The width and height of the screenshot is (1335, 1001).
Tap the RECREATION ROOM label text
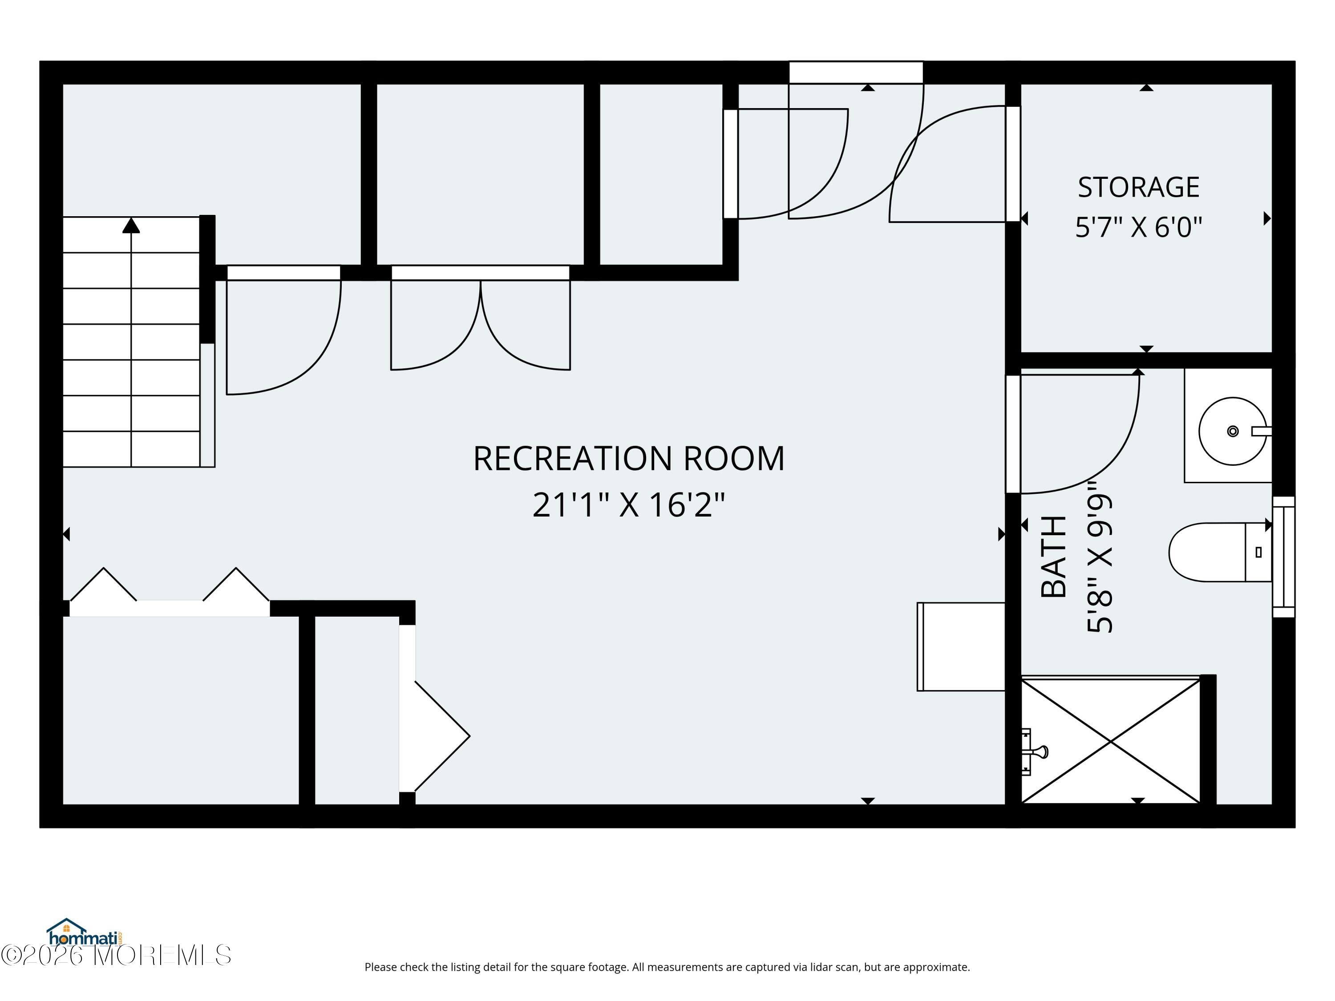tap(628, 459)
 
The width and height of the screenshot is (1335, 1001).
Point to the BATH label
tap(1054, 556)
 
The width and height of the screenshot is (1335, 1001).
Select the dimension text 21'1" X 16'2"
tap(628, 505)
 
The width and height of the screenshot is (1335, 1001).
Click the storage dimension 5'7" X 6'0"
tap(1138, 227)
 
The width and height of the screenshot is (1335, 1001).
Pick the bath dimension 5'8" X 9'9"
tap(1099, 564)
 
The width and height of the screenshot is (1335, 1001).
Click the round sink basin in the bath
tap(1232, 431)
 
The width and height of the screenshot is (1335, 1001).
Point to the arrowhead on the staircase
tap(131, 225)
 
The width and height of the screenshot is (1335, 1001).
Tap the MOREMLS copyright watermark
tap(116, 955)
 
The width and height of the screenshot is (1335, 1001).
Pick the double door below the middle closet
tap(481, 318)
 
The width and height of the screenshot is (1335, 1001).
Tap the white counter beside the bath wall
tap(961, 646)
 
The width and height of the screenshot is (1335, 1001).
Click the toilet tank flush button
tap(1258, 552)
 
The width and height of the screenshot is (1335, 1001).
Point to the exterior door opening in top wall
tap(856, 73)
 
